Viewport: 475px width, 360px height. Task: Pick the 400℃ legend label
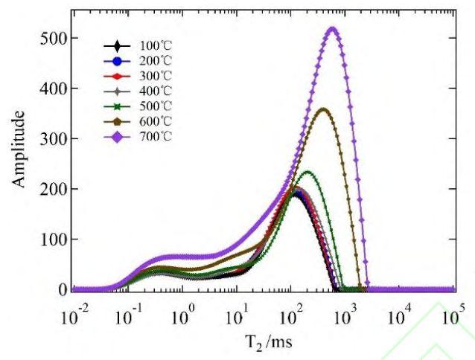(151, 91)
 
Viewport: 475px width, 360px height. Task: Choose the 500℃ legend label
(151, 106)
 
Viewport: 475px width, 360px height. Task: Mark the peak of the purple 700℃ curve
(332, 29)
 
